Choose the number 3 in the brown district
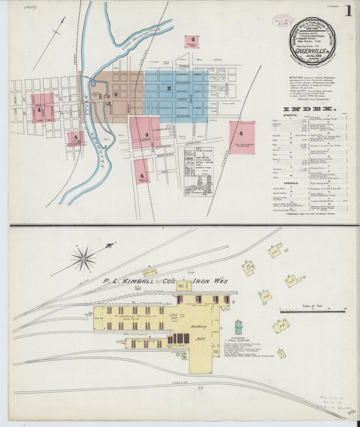(x=115, y=94)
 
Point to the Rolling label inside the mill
(x=199, y=324)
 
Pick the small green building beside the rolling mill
(x=238, y=328)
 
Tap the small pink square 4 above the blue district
(x=192, y=41)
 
